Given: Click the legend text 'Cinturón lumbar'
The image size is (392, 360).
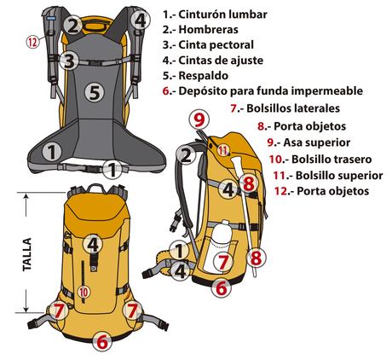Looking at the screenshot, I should [225, 15].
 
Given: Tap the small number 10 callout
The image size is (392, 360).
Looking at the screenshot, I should [84, 292].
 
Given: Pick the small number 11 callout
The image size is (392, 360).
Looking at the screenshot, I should [222, 150].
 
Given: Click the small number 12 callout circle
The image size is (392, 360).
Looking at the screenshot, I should [32, 40].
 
